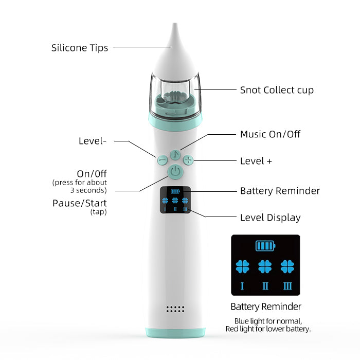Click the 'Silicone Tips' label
coord(80,48)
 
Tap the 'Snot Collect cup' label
coord(277,90)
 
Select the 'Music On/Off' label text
coord(270,134)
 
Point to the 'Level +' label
coord(256,161)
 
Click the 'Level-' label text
coord(93,140)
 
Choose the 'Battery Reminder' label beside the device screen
coord(280,191)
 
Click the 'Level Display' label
coord(270,218)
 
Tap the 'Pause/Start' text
coord(80,203)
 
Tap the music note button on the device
coord(175,154)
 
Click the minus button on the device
coord(161,160)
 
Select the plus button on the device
coord(189,160)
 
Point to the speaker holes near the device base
coord(175,309)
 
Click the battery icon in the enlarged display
coord(265,246)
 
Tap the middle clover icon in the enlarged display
coord(265,266)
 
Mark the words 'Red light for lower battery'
coord(268,329)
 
